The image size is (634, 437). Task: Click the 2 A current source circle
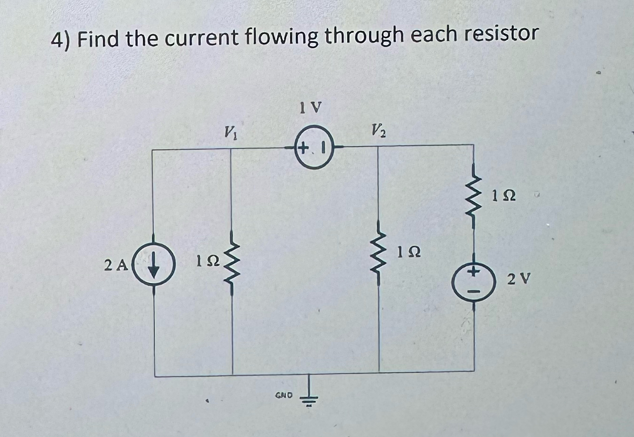point(153,267)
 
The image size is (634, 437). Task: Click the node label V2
point(378,129)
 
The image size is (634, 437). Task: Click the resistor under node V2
point(379,256)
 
